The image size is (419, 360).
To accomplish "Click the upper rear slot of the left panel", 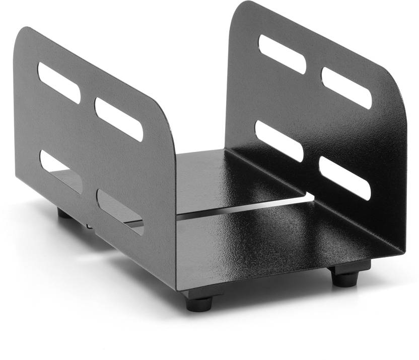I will pyautogui.click(x=59, y=83).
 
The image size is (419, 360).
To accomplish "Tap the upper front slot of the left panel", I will pyautogui.click(x=119, y=119).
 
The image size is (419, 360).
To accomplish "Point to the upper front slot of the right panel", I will pyautogui.click(x=346, y=88).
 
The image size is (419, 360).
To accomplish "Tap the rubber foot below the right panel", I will pyautogui.click(x=345, y=277).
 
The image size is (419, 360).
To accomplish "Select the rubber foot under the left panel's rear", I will pyautogui.click(x=64, y=213).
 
